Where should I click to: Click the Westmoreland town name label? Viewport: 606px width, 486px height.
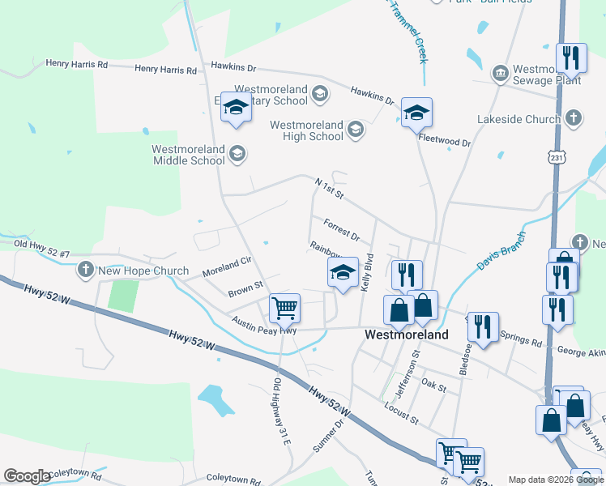(406, 335)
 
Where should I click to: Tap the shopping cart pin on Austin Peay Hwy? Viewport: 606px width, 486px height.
(284, 308)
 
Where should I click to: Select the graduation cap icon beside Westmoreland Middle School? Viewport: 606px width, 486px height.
(237, 154)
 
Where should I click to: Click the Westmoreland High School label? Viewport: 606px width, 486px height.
(306, 130)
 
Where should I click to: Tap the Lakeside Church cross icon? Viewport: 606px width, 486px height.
(573, 118)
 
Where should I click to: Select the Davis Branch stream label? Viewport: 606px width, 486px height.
(501, 249)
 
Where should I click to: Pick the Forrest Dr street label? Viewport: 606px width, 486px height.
(341, 230)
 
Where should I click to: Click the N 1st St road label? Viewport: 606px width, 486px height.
(330, 190)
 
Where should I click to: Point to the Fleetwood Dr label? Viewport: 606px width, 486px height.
(444, 140)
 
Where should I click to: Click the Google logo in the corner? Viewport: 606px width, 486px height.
(27, 476)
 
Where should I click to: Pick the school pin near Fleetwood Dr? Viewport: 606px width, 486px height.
(416, 113)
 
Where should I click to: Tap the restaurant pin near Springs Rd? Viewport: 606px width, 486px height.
(483, 326)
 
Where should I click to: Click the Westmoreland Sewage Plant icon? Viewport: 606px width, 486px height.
(500, 75)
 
